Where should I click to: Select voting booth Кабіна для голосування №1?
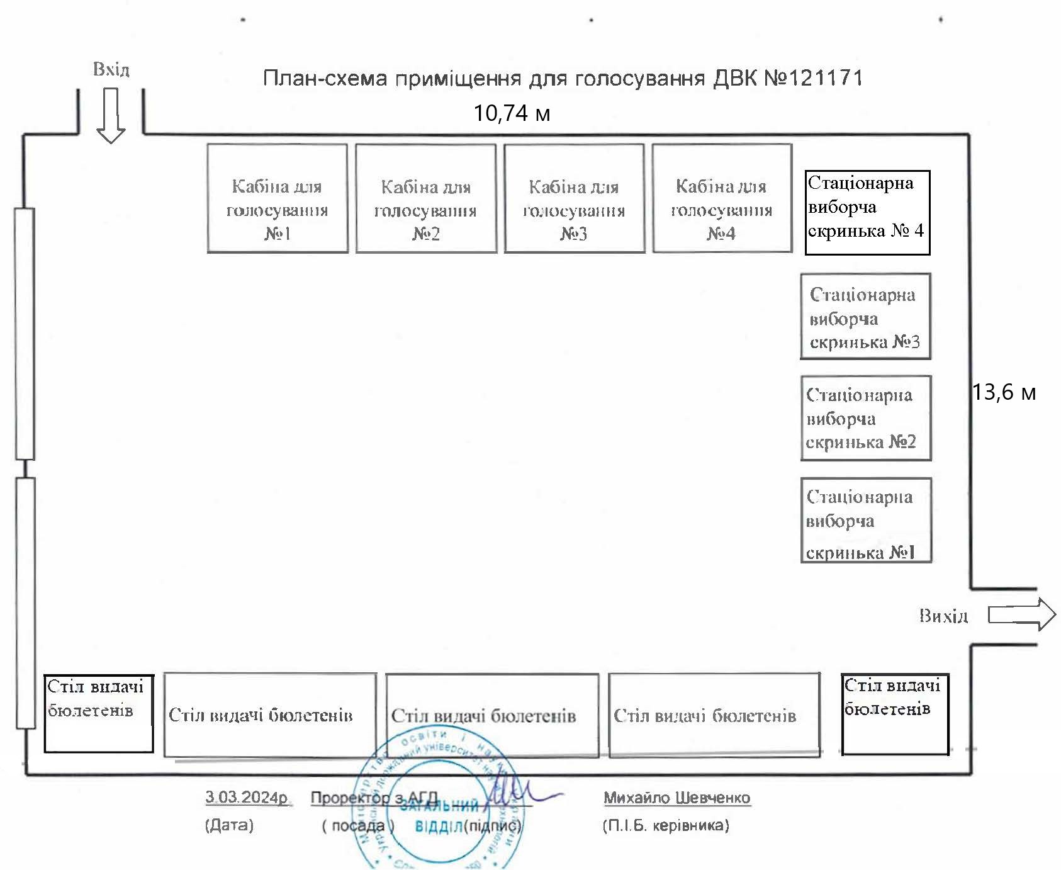point(278,199)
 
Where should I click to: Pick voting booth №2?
point(426,199)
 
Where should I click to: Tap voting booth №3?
point(575,199)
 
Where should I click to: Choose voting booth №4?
point(722,198)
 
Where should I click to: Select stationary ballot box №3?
point(865,317)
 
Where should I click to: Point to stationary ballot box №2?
point(865,419)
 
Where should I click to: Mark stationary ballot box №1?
point(865,520)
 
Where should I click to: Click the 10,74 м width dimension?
point(512,113)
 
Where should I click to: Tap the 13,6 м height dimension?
point(1004,393)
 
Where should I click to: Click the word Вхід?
point(111,69)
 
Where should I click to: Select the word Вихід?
point(943,616)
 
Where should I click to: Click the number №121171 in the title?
point(813,78)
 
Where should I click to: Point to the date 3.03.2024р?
point(246,797)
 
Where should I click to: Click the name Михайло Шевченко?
point(677,798)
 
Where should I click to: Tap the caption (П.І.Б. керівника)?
point(666,825)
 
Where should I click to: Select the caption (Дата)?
point(229,825)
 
